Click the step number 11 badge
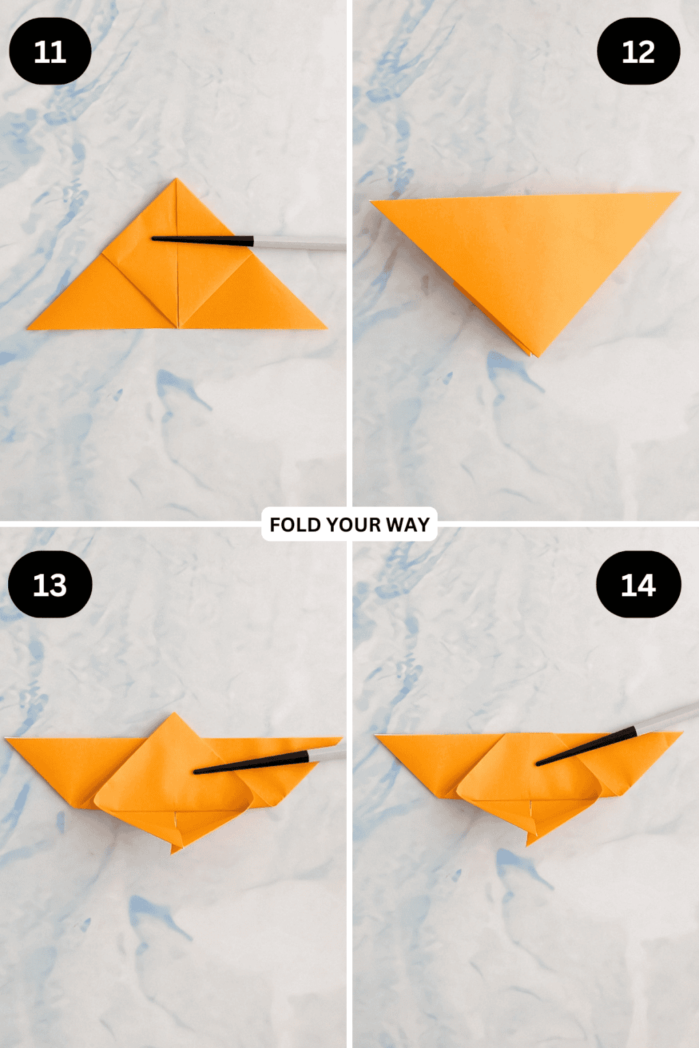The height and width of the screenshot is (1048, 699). [x=50, y=52]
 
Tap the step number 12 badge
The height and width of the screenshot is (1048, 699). [x=638, y=52]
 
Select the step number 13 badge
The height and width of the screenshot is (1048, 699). [x=50, y=585]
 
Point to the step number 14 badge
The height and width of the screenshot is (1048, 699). [x=638, y=585]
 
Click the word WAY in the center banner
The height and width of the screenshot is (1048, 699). [x=408, y=525]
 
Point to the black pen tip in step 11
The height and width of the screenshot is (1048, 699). [x=154, y=238]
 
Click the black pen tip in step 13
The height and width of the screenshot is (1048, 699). [x=197, y=772]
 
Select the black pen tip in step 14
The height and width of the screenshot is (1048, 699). [x=539, y=763]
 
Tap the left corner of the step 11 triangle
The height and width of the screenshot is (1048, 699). [x=29, y=329]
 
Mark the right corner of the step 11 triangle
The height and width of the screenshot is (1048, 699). [x=326, y=329]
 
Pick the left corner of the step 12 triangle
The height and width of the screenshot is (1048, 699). [x=371, y=201]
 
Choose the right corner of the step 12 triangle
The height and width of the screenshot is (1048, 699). [x=679, y=194]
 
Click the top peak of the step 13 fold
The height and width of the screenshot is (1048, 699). [x=175, y=714]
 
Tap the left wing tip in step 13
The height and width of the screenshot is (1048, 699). [x=6, y=739]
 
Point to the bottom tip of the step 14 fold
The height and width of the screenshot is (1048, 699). [x=528, y=845]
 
